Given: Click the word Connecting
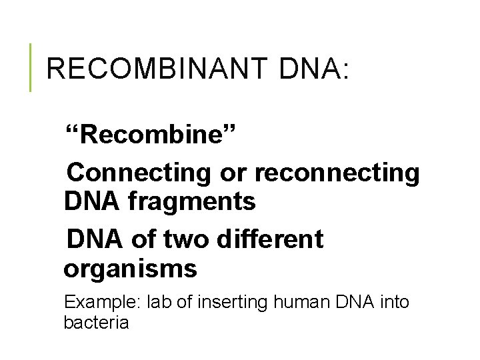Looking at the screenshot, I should (x=139, y=172).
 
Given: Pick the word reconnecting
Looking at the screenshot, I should (x=337, y=172).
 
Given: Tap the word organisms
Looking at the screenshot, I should (x=130, y=269).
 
